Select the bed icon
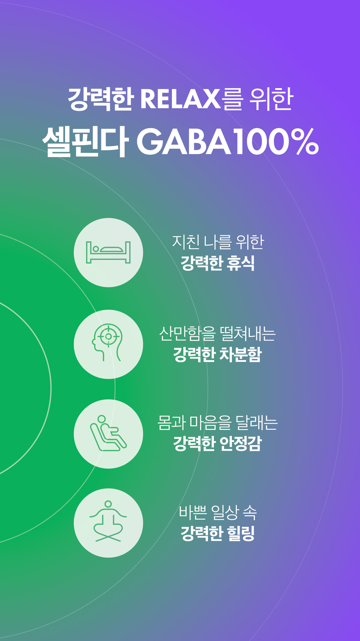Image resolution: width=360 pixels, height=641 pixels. (x=108, y=252)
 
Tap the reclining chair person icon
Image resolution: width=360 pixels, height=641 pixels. (x=108, y=433)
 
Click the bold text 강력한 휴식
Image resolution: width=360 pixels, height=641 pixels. (x=218, y=263)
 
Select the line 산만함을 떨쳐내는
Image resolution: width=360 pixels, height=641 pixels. (x=217, y=333)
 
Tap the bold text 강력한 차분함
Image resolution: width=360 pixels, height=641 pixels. (x=218, y=354)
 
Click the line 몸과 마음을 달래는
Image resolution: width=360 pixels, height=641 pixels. (x=218, y=423)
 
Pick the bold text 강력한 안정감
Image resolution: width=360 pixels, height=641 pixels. (x=218, y=444)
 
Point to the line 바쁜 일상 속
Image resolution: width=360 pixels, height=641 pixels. (x=218, y=513)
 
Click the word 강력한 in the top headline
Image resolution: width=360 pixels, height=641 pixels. (x=100, y=99)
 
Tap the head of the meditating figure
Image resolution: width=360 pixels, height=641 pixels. (x=108, y=504)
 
